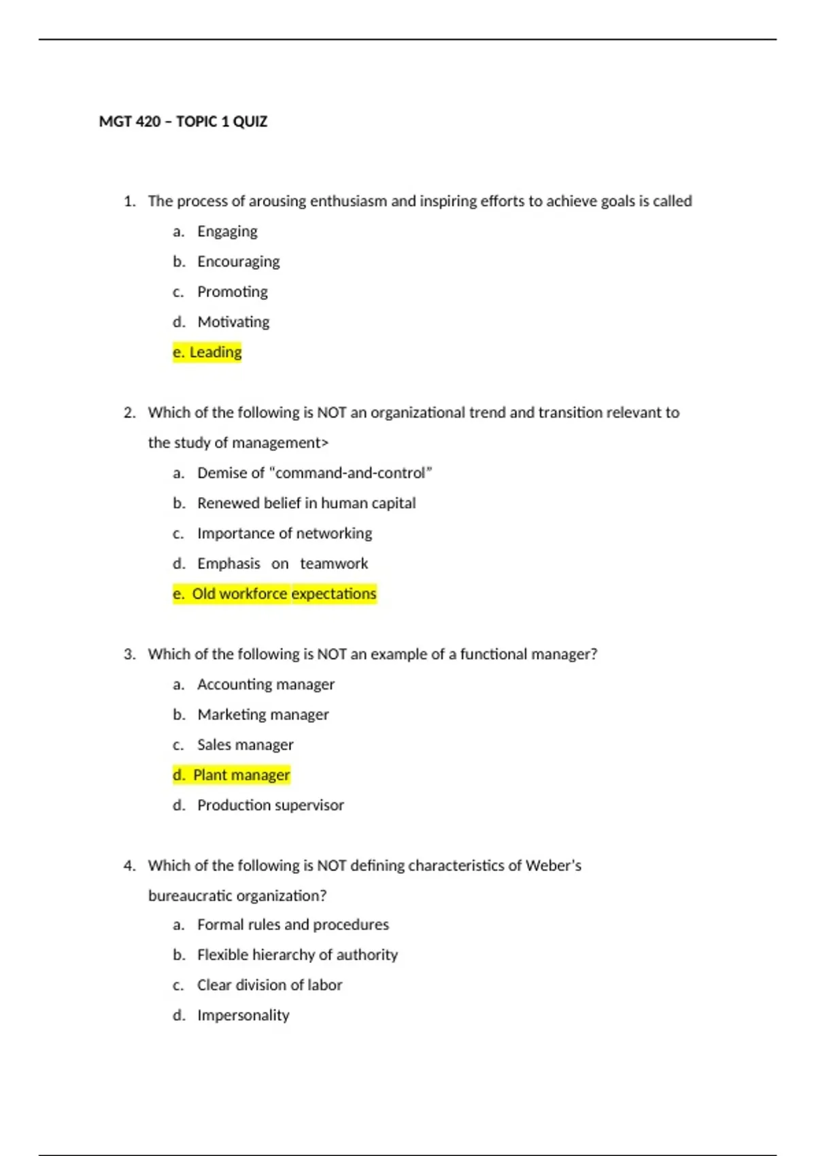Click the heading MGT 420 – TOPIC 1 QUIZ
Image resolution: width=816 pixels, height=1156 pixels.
(183, 122)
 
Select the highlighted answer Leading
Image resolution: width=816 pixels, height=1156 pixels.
(207, 352)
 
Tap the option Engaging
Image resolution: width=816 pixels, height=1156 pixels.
(227, 232)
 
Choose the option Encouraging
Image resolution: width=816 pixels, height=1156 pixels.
(238, 262)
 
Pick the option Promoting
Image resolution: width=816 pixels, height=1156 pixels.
(233, 292)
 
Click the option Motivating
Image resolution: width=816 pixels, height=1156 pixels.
(233, 322)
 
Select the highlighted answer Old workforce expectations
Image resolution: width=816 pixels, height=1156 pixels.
(275, 594)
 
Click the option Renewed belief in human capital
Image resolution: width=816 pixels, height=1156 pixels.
(306, 503)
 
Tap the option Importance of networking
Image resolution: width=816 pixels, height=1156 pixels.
(284, 533)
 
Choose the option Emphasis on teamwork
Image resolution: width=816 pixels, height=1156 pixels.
(282, 564)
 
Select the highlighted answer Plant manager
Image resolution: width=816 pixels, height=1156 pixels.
(232, 775)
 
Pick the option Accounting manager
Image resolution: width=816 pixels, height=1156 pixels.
(266, 685)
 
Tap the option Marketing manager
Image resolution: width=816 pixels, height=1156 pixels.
(263, 715)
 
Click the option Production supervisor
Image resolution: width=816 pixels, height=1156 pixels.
(271, 805)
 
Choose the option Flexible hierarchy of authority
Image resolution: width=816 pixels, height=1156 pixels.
(297, 955)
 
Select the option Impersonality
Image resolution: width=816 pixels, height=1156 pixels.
(243, 1015)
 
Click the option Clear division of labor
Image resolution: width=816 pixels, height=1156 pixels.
(269, 985)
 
